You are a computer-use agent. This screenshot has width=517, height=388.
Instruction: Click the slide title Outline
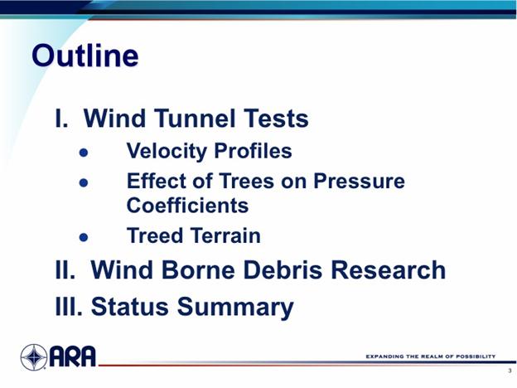85,56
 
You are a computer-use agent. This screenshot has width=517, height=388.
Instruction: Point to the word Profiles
253,151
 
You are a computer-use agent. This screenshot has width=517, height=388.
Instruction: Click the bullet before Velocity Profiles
84,153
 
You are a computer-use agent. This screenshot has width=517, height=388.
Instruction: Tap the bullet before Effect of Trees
84,182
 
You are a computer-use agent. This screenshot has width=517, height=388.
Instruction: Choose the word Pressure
359,181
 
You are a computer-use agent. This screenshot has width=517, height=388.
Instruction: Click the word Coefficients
187,206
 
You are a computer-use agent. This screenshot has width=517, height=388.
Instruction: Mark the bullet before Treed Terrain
84,237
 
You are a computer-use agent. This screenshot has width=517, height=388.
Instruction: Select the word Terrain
226,235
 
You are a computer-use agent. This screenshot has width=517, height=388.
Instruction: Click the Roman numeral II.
65,270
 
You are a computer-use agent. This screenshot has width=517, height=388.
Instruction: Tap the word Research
388,270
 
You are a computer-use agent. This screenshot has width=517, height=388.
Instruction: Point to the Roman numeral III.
69,306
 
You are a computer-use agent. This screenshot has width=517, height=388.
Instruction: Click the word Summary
235,308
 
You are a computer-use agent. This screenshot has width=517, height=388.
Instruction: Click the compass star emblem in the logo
34,357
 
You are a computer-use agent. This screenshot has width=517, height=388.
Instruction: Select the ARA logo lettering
73,356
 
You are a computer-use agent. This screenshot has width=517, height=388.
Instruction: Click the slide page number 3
510,371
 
